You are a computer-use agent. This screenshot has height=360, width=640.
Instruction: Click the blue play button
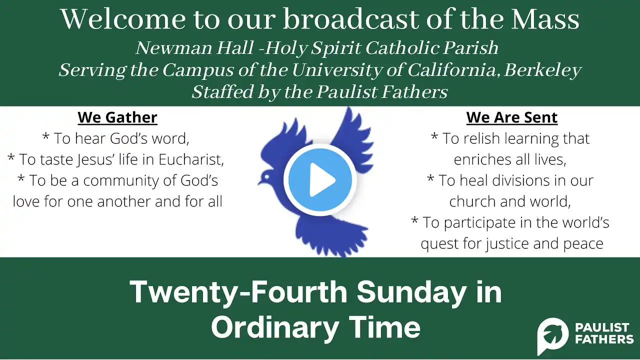(320, 179)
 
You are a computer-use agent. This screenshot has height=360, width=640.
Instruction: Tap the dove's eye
(267, 177)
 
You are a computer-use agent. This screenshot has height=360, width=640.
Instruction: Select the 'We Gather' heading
(117, 117)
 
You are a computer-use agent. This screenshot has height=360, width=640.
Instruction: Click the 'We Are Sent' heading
(511, 117)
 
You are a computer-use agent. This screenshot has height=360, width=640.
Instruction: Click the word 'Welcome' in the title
(123, 19)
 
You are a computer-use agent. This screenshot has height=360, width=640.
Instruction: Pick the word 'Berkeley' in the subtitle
(542, 70)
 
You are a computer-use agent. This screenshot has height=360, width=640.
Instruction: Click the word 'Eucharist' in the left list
(191, 159)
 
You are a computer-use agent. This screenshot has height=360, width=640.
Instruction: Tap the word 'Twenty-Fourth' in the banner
(238, 291)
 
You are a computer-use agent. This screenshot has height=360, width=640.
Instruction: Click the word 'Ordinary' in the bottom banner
(275, 327)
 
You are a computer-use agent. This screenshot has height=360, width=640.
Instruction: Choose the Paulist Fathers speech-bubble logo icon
(552, 335)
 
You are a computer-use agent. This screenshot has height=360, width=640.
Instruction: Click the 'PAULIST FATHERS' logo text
(604, 333)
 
